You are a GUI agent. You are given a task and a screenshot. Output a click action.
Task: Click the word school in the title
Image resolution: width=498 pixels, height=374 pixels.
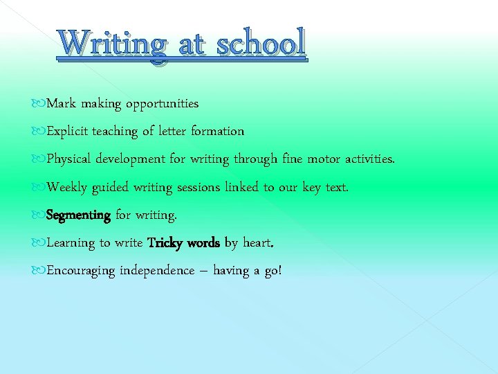coord(260,44)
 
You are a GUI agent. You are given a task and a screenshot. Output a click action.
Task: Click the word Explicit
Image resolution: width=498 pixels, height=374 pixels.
coord(67,132)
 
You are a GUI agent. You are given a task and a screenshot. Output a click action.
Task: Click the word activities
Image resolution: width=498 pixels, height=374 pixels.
coord(370,159)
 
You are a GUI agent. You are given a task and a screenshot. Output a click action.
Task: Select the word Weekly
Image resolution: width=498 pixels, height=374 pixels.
coord(67,187)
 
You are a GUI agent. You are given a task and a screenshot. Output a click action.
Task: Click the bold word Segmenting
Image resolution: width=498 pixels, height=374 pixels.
coord(78,215)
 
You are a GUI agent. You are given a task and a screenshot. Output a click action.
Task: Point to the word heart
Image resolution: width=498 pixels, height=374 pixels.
coord(258,243)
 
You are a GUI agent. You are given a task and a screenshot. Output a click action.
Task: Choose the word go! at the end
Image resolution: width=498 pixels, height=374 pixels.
coord(273,271)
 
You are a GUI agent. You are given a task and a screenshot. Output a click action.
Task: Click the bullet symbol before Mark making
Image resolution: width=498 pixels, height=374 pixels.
coord(40,104)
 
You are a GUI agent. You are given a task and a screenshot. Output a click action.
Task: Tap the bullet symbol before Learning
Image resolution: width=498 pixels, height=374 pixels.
coord(40,243)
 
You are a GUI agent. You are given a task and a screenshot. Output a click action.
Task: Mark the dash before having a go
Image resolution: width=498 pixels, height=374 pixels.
coord(203,271)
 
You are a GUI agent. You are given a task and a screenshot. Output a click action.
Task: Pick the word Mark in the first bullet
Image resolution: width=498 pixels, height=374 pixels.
coord(61,104)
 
